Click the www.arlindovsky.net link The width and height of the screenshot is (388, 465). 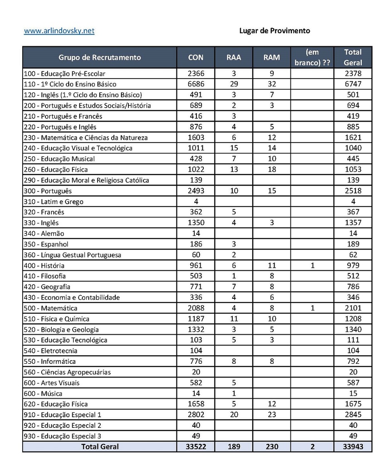tap(59, 31)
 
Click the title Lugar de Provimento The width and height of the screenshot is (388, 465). tap(275, 31)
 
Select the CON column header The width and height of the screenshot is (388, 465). tap(196, 58)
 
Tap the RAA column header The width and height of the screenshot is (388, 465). tap(234, 58)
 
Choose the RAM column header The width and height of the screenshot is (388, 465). tap(271, 58)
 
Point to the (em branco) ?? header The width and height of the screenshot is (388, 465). tap(312, 58)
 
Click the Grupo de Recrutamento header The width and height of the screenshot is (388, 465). tap(99, 58)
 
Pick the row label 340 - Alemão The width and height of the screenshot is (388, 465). tap(44, 233)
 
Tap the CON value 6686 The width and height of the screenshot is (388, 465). tap(196, 84)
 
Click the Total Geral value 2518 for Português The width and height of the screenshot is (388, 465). tap(353, 191)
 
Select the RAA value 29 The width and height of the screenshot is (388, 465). tap(234, 84)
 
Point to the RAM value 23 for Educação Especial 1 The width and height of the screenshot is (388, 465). tap(271, 415)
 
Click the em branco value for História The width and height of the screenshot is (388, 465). tap(312, 265)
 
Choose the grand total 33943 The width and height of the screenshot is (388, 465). tap(353, 447)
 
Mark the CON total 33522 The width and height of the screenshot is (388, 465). tap(196, 447)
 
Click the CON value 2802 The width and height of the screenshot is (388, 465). tap(196, 415)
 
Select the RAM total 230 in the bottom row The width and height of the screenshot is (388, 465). tap(271, 447)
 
